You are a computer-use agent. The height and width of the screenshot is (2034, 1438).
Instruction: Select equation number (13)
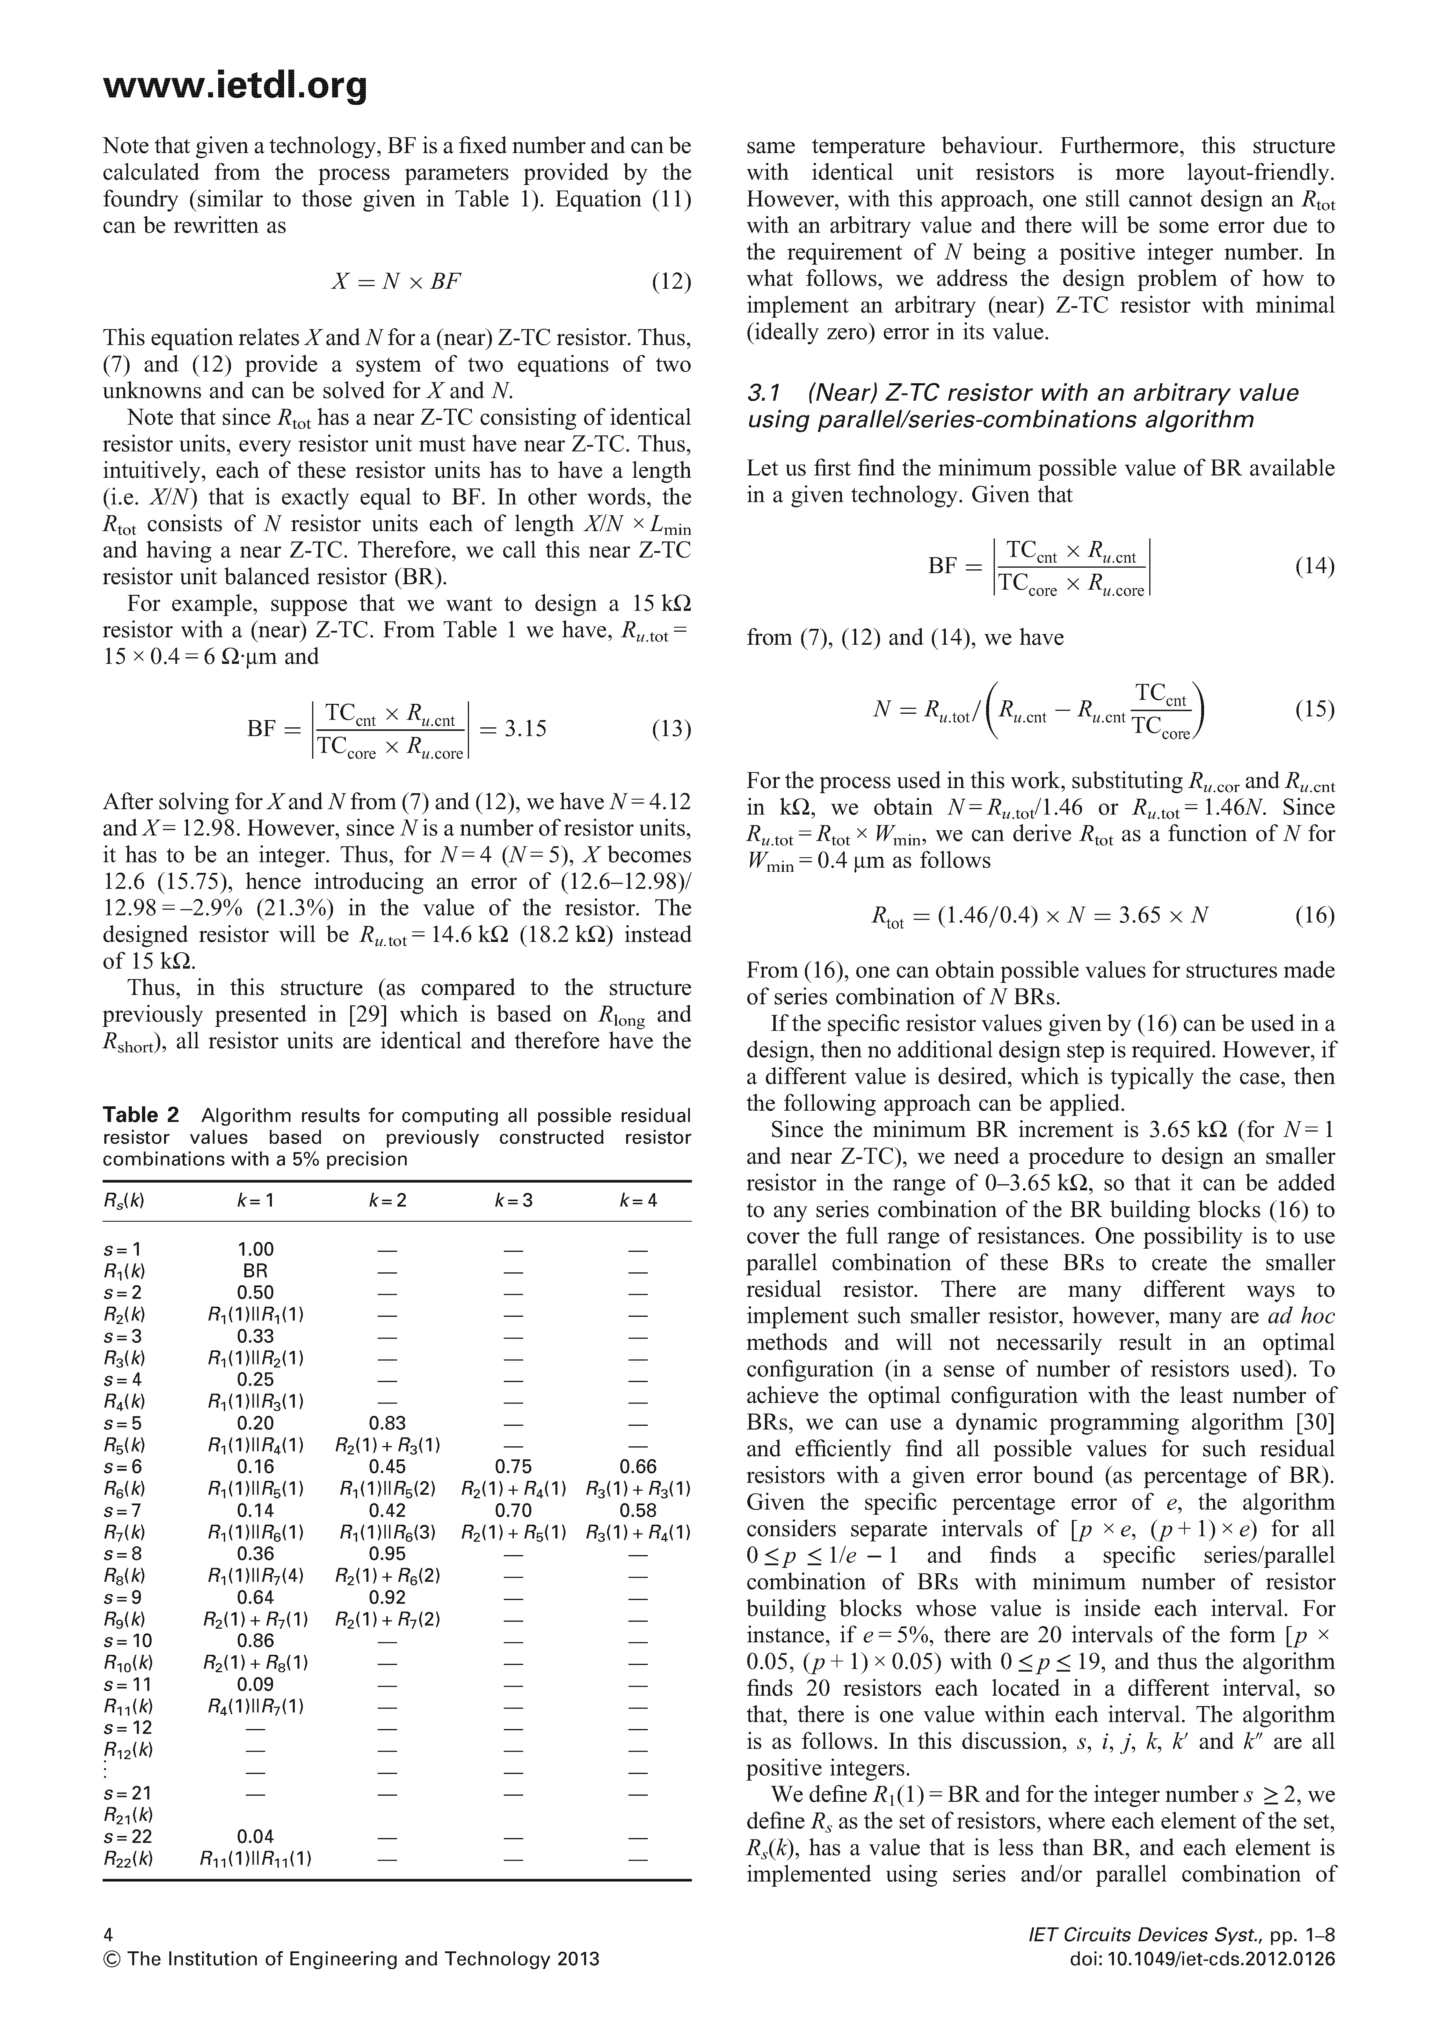coord(671,729)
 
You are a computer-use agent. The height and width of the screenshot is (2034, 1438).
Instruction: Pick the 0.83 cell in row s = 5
coord(387,1424)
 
